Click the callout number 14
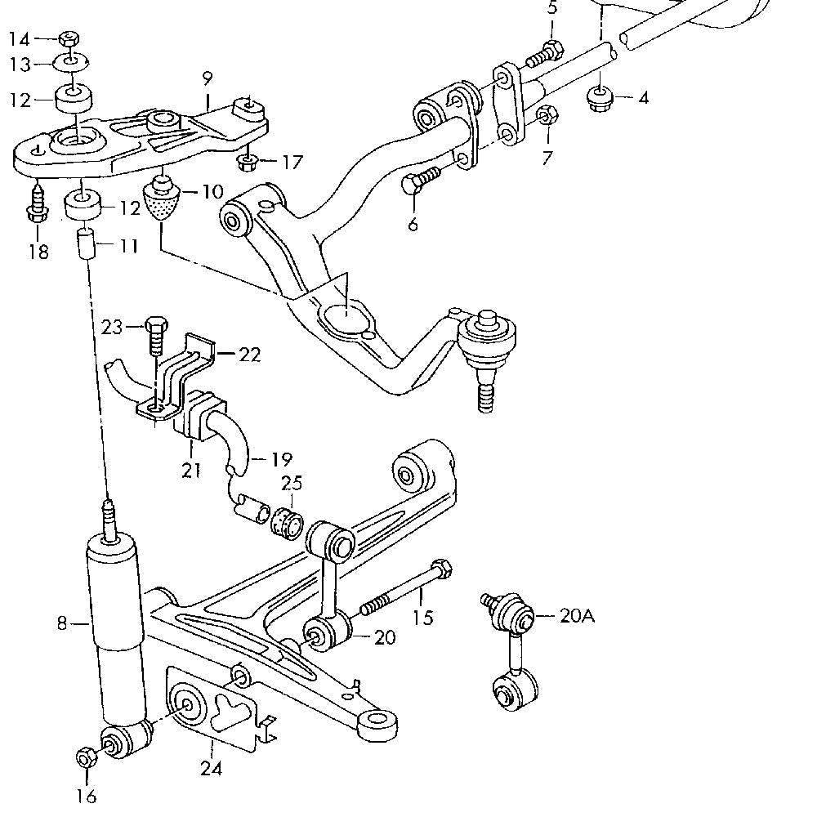click(x=19, y=38)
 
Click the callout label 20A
click(x=577, y=615)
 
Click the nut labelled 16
click(x=84, y=757)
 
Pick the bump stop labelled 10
click(x=163, y=199)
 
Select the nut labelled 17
click(x=246, y=162)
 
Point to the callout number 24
click(x=212, y=769)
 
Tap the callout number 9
click(x=207, y=79)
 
